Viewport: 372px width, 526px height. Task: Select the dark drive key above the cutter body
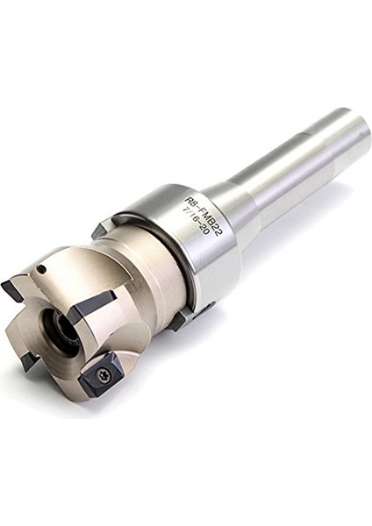coord(104,228)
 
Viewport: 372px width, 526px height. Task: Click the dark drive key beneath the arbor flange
coord(179,320)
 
